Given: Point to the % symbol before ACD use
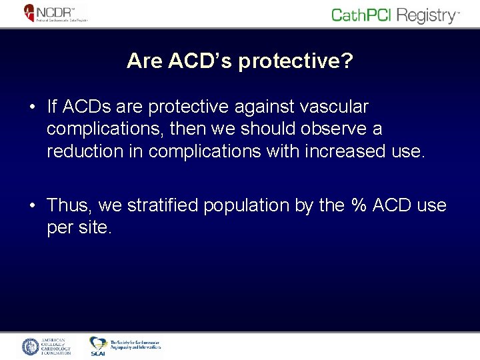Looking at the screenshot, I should [x=359, y=205].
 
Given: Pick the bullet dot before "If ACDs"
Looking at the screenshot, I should [x=32, y=107].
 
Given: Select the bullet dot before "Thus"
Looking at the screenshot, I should [x=32, y=206].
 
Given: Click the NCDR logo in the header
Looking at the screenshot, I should [x=56, y=13].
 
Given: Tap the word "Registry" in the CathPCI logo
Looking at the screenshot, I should [x=423, y=15].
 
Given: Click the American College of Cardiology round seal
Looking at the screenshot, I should [x=31, y=347].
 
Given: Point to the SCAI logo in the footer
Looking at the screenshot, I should [x=98, y=345].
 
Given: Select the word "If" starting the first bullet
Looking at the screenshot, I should [x=52, y=107].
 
